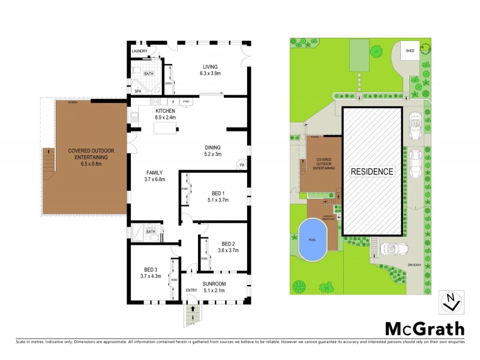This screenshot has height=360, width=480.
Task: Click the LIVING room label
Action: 209,67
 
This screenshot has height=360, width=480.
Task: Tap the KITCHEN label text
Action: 165,112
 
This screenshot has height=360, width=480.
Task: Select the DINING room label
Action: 212,147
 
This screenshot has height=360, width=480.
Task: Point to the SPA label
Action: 137,91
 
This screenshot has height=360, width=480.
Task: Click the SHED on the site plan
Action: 410,51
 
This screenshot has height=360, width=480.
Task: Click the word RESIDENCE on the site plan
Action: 372,171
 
